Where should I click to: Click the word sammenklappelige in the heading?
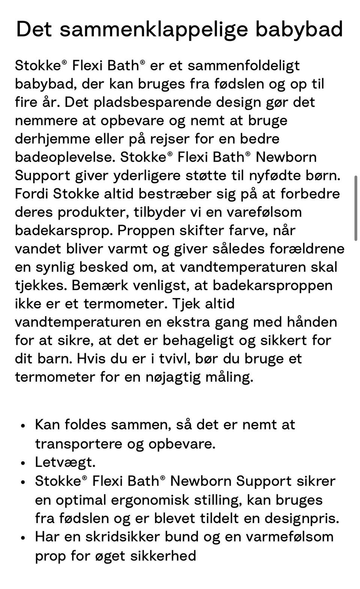tap(153, 30)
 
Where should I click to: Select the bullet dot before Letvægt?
tap(23, 463)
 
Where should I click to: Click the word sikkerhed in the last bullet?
tap(163, 556)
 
